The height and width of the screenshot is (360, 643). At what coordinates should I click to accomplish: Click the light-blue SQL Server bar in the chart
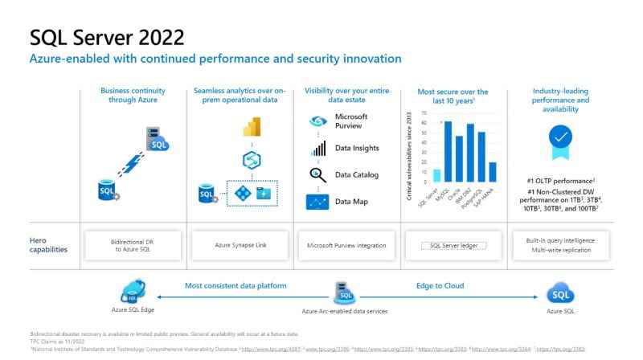click(x=436, y=175)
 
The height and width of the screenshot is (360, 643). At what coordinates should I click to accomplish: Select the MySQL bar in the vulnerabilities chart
click(x=448, y=152)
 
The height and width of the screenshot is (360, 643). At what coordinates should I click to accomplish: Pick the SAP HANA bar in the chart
click(x=492, y=172)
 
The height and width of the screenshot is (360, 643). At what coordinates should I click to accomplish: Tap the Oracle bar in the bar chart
click(x=459, y=159)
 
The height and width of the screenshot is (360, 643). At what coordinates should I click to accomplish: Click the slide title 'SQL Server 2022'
click(x=107, y=37)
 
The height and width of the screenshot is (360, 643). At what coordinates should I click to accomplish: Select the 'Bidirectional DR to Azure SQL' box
click(x=130, y=244)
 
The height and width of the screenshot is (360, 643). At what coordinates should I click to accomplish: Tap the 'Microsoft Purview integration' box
click(x=347, y=244)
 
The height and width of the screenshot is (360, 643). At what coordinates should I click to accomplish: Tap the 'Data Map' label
click(x=350, y=201)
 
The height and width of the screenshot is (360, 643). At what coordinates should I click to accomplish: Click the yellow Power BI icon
click(x=248, y=126)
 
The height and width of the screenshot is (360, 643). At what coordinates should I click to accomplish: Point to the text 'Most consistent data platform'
click(x=235, y=285)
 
